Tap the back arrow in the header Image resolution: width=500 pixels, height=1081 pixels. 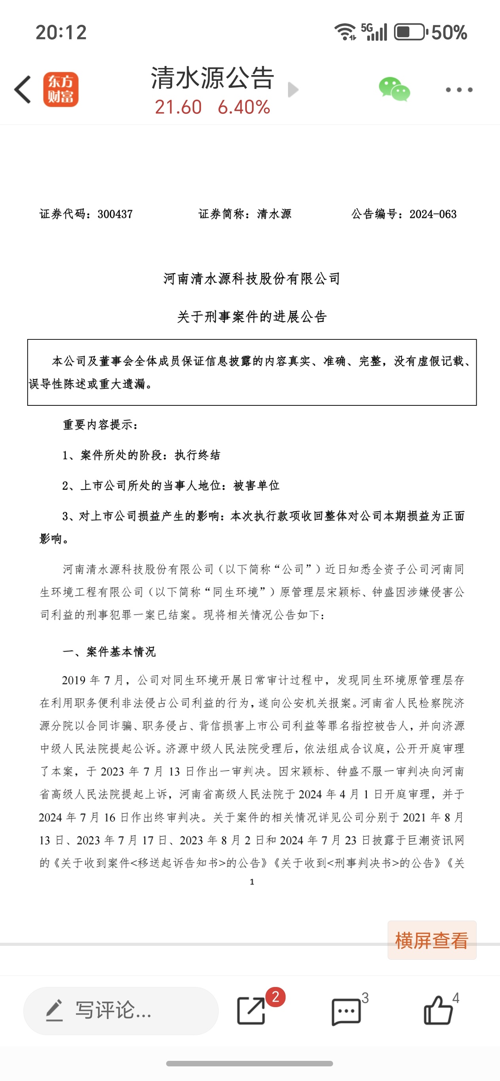point(23,89)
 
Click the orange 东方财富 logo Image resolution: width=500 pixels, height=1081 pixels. point(61,89)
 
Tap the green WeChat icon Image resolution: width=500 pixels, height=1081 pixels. point(394,89)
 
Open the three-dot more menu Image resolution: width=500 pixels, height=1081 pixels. point(459,90)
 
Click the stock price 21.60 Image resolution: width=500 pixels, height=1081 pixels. point(178,107)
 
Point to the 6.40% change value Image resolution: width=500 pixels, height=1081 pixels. point(244,107)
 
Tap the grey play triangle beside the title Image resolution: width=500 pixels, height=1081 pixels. point(293,89)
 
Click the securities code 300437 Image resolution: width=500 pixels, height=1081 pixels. point(115,215)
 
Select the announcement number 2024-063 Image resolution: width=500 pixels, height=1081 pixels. point(433,215)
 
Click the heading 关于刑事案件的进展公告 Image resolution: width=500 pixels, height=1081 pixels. point(252,317)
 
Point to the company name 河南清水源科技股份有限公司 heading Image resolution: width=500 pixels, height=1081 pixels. point(252,279)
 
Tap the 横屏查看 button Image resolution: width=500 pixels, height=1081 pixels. point(432,940)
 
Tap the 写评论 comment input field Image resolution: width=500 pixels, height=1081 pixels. point(121,1011)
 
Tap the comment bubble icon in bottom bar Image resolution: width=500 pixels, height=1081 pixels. point(346,1011)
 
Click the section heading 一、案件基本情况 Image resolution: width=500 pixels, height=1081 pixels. point(109,652)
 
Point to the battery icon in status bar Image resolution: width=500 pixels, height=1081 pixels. point(410,32)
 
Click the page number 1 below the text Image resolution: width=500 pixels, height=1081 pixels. point(252,881)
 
